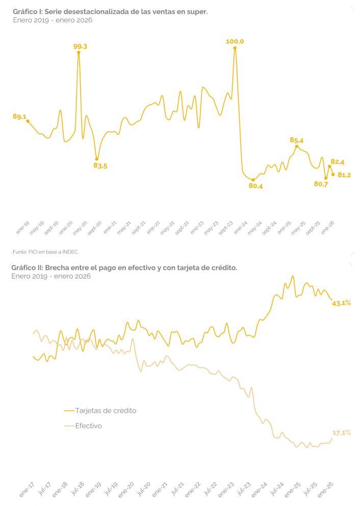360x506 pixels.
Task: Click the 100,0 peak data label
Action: coord(235,41)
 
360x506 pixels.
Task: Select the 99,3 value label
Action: coord(80,46)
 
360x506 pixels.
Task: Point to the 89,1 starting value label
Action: coord(19,117)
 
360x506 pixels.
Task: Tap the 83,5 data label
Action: coord(100,166)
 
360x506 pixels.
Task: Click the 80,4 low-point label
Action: coord(255,186)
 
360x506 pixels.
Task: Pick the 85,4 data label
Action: coord(297,140)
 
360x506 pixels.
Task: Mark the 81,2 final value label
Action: coord(344,175)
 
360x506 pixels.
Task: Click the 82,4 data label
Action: coord(338,162)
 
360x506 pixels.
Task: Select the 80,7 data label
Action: coord(321,184)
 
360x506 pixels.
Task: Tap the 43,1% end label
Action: coord(341,303)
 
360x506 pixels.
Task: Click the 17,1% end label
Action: coord(341,433)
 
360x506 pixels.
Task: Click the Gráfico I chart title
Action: coord(110,11)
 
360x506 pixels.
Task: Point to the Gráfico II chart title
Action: coord(125,267)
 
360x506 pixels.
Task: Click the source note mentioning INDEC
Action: coord(45,251)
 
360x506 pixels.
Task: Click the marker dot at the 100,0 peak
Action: coord(235,48)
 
